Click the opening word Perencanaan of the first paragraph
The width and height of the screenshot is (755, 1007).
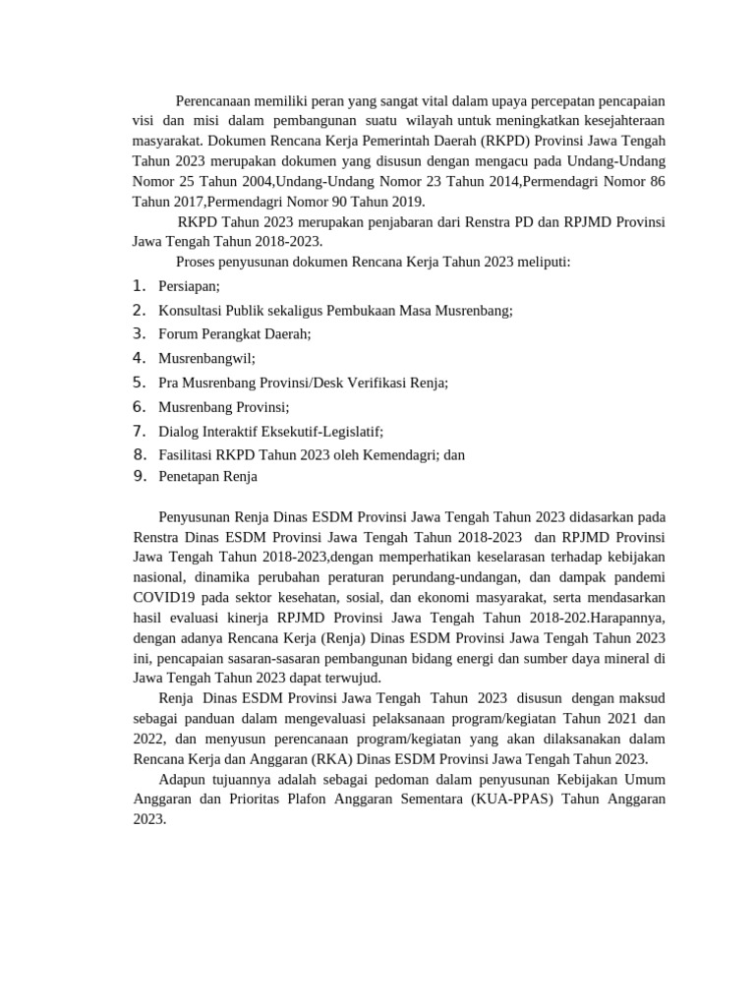[x=217, y=100]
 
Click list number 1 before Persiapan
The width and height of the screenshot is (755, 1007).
[x=139, y=286]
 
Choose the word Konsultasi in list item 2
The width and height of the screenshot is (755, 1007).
[x=193, y=310]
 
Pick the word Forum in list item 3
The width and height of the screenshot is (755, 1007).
[x=178, y=333]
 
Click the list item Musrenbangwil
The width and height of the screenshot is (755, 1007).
[x=206, y=358]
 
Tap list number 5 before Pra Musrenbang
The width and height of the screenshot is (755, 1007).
[x=139, y=382]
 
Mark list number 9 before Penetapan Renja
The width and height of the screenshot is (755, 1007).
[x=139, y=477]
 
